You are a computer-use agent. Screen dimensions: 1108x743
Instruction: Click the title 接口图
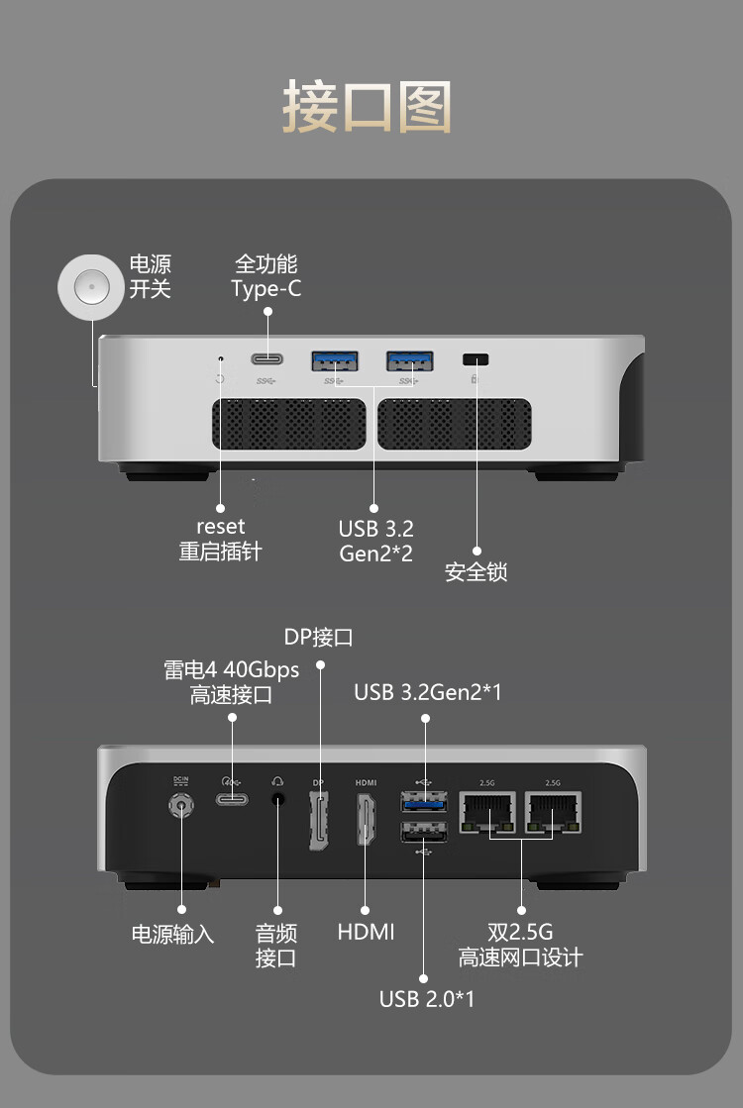coord(368,107)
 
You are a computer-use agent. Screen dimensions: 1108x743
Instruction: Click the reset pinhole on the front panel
coord(220,358)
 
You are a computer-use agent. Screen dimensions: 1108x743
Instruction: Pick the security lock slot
coord(477,358)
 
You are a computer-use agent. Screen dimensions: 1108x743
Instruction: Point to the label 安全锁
coord(476,572)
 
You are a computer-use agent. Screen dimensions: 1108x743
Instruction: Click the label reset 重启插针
coord(220,539)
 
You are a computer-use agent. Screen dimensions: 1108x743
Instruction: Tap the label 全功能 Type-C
coord(265,276)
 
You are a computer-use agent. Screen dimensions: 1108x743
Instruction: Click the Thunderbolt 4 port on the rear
coord(232,799)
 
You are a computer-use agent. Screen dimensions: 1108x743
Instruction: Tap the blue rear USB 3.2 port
coord(424,801)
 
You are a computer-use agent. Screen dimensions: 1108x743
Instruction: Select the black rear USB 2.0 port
coord(424,834)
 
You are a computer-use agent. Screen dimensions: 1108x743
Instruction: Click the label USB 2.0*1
coord(427,998)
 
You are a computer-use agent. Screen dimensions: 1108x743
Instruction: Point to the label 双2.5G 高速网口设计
coord(520,945)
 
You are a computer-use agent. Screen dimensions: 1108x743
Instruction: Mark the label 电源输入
coord(172,934)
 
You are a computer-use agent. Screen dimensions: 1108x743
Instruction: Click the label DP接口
coord(318,637)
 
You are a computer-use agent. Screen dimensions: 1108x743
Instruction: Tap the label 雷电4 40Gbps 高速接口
coord(231,682)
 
